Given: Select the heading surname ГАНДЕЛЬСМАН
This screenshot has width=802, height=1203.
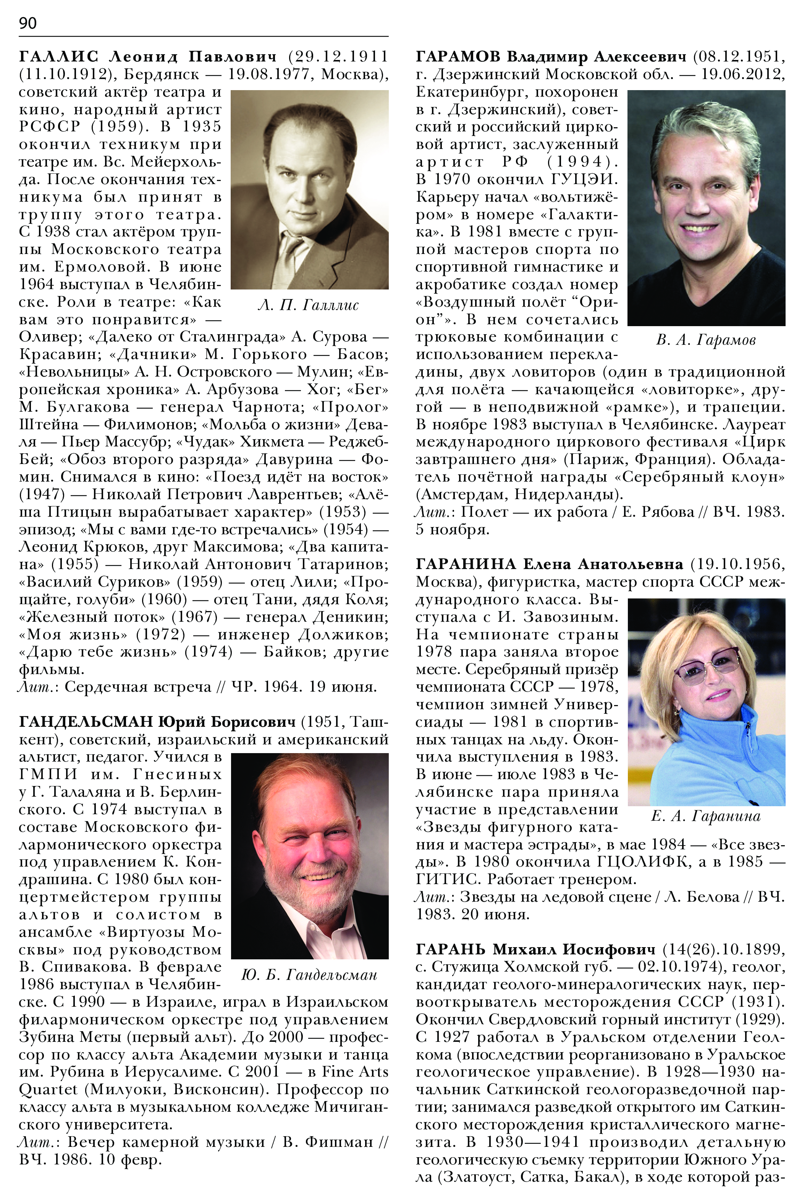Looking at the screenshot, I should (86, 722).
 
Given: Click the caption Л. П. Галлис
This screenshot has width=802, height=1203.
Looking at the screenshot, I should (309, 306).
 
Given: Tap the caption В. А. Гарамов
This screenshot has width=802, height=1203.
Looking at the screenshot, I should (706, 340).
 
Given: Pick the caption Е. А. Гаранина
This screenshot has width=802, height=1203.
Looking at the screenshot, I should (706, 817).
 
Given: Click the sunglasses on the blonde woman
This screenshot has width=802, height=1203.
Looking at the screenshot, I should (708, 665).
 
